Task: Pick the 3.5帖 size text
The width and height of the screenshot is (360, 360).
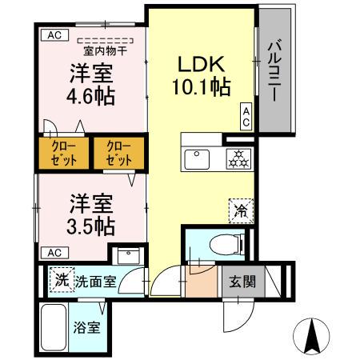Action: click(x=88, y=225)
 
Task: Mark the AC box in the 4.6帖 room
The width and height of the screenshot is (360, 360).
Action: click(x=54, y=34)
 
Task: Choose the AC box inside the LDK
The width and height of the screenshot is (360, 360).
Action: click(x=247, y=117)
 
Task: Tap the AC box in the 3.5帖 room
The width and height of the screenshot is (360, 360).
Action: click(x=54, y=252)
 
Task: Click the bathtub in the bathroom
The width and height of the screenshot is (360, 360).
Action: click(x=54, y=326)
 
